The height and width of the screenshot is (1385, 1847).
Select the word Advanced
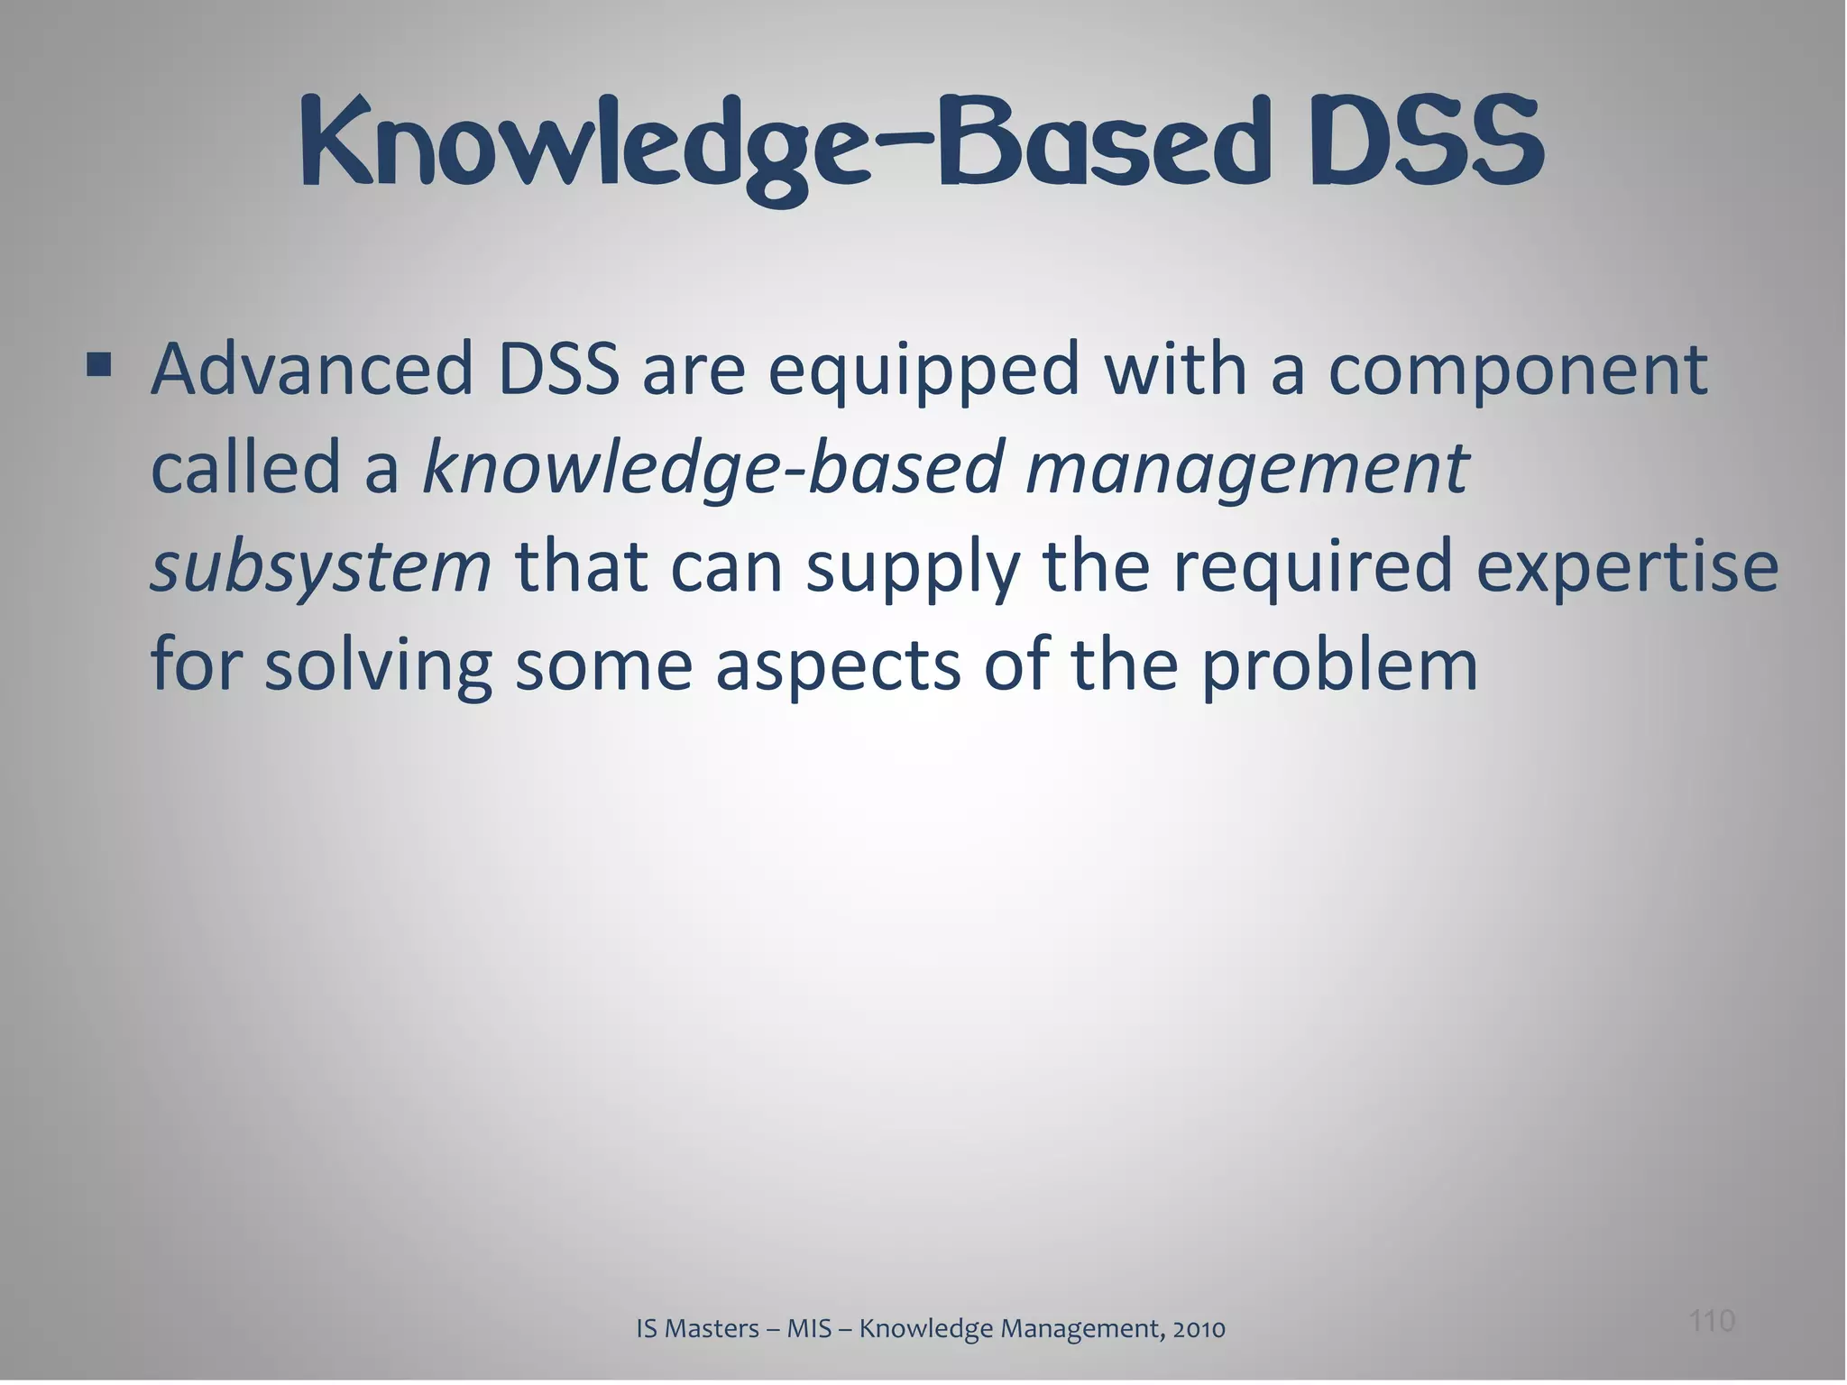pyautogui.click(x=312, y=370)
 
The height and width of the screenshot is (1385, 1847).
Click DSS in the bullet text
pyautogui.click(x=559, y=370)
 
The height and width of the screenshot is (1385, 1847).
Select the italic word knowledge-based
pyautogui.click(x=712, y=471)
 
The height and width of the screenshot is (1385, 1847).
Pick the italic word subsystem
pyautogui.click(x=320, y=569)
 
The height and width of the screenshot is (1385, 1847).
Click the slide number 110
pyautogui.click(x=1711, y=1321)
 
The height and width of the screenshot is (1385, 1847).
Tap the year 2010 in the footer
pyautogui.click(x=1199, y=1329)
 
